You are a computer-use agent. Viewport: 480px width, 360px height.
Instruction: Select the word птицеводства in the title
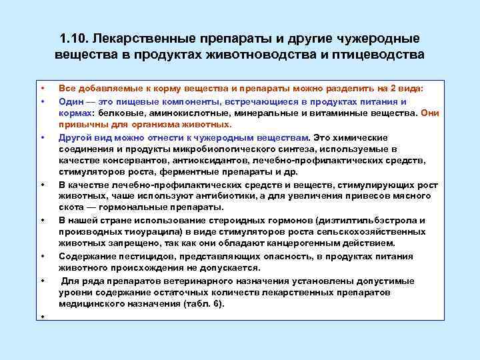click(379, 54)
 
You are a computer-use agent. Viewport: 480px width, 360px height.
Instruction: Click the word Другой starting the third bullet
click(73, 137)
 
